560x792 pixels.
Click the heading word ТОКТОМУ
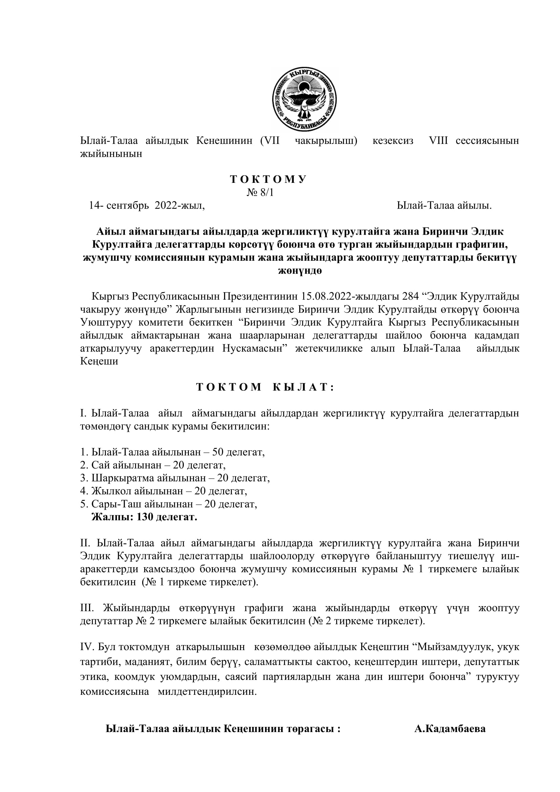pyautogui.click(x=268, y=179)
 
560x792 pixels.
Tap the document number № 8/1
pyautogui.click(x=260, y=192)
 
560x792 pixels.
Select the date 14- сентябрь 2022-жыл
pyautogui.click(x=147, y=206)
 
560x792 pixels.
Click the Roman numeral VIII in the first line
pyautogui.click(x=438, y=141)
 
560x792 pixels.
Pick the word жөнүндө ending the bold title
pyautogui.click(x=300, y=271)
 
